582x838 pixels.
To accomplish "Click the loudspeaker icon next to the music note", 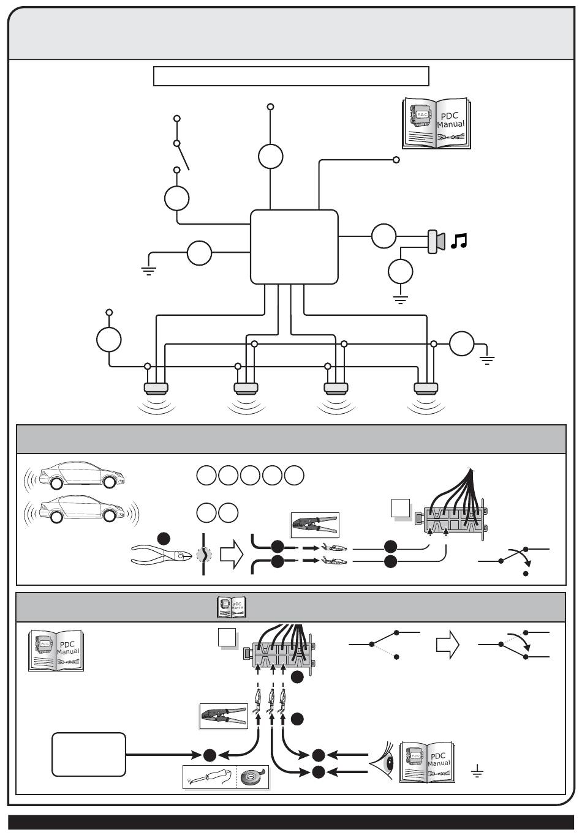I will click(x=436, y=241).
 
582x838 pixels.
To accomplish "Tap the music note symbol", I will click(x=458, y=241).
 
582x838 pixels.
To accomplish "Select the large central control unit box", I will click(x=294, y=247).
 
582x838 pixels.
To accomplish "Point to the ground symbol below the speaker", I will click(x=401, y=300).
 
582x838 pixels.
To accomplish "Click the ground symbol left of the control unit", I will click(x=148, y=269).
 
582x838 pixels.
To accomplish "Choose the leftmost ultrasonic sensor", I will click(x=156, y=387).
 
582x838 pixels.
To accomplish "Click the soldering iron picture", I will click(x=210, y=777).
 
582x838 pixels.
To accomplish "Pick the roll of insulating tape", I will click(x=252, y=777).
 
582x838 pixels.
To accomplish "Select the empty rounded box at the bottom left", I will click(x=89, y=754).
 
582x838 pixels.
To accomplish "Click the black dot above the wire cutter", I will click(x=163, y=538).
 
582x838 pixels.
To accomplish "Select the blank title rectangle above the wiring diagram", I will click(x=290, y=77).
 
